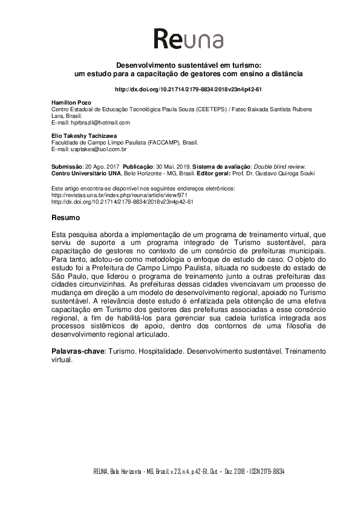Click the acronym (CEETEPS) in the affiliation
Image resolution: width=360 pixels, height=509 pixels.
[202, 109]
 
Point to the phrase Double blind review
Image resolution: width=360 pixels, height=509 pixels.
[279, 166]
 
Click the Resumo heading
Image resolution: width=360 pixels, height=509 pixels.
[64, 215]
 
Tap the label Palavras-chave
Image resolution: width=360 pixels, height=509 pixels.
[75, 351]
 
